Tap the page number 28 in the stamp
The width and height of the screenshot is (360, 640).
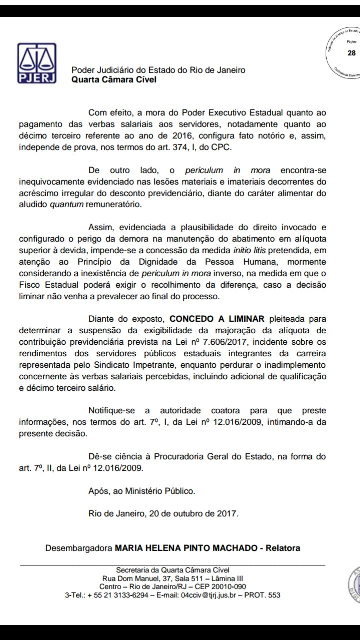(x=352, y=53)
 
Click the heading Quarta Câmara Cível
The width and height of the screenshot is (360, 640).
(x=114, y=79)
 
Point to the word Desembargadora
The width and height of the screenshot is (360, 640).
(x=79, y=548)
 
